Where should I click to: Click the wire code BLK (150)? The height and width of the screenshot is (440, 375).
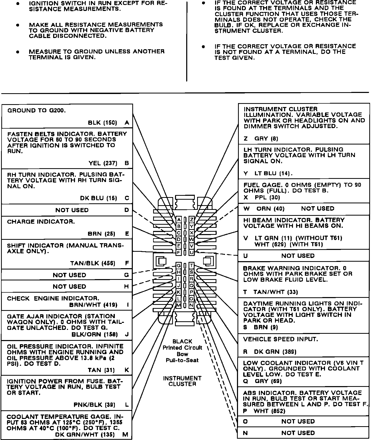[102, 123]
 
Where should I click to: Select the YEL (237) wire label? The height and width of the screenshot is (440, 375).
[103, 163]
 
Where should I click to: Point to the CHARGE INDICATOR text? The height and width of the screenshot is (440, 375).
[41, 222]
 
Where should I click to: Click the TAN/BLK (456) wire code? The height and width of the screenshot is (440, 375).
[93, 263]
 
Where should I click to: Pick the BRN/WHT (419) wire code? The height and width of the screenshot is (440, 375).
[93, 305]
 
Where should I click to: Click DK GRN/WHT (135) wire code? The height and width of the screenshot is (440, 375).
[85, 435]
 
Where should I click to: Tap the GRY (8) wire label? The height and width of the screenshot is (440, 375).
[266, 139]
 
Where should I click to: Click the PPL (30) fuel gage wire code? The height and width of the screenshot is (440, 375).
[267, 197]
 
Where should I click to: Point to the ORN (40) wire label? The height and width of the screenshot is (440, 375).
[270, 209]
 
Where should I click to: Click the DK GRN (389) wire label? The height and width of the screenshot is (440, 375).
[275, 352]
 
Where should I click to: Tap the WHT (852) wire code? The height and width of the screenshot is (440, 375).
[269, 411]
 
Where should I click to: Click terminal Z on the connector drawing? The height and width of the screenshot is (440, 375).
[191, 219]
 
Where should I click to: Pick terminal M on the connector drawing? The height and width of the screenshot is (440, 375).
[179, 305]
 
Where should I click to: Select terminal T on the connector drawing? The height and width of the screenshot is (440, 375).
[191, 266]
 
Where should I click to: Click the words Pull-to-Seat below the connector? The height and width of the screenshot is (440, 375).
[182, 360]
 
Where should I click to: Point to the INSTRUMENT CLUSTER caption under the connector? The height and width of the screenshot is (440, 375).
[182, 381]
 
